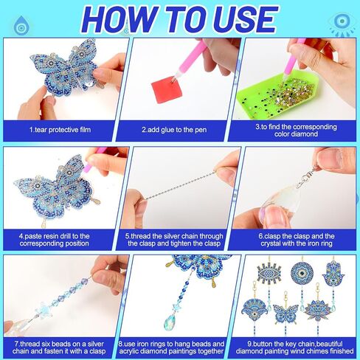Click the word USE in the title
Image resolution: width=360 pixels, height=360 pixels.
(x=245, y=19)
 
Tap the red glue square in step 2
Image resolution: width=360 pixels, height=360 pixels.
(x=167, y=90)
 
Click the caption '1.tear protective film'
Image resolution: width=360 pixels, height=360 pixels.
(x=60, y=130)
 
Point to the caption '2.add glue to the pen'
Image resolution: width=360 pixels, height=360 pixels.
(x=174, y=130)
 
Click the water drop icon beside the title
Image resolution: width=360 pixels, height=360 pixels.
(x=21, y=25)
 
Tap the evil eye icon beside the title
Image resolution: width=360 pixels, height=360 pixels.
(x=342, y=24)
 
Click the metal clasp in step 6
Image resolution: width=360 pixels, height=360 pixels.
(x=308, y=176)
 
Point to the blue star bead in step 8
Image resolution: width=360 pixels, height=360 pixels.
(x=177, y=308)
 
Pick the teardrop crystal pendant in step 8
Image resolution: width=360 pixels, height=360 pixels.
(x=170, y=322)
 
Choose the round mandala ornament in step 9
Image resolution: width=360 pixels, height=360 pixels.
(x=302, y=273)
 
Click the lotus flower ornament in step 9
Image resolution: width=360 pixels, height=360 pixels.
(x=316, y=311)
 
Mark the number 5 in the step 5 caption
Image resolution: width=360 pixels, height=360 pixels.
(x=127, y=236)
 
